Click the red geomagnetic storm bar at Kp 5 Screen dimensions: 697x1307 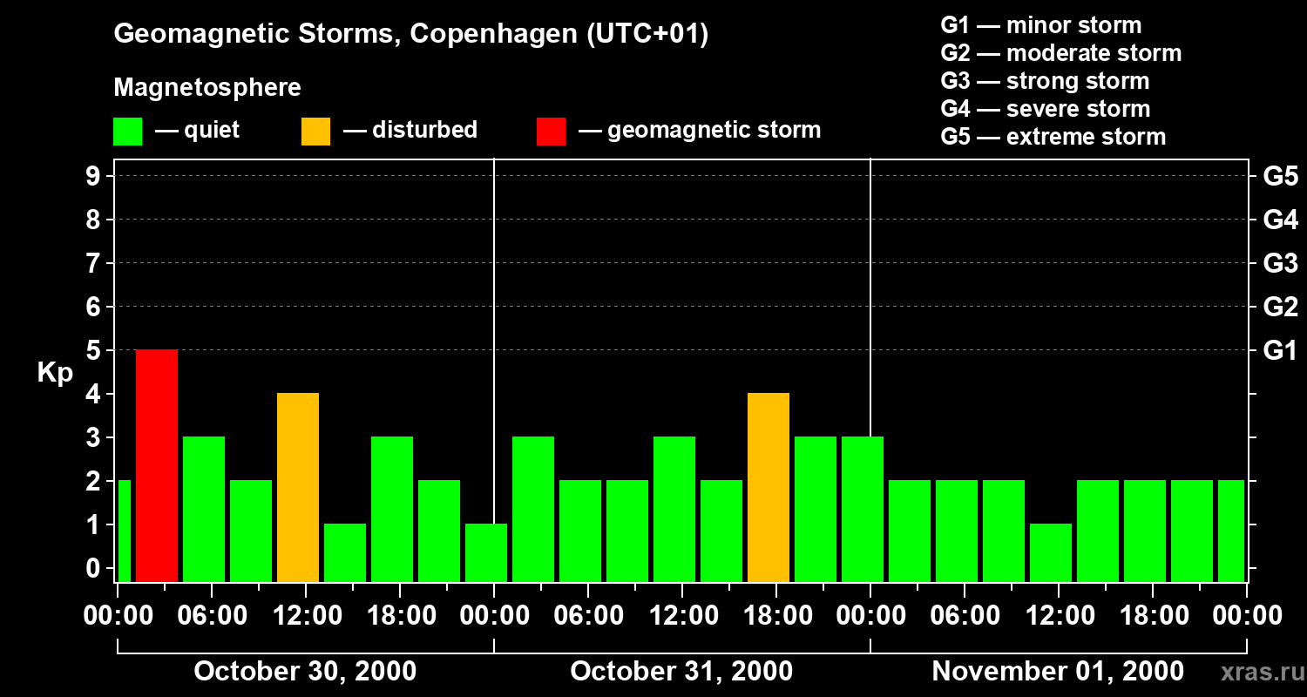click(x=157, y=465)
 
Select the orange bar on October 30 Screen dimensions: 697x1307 click(x=298, y=487)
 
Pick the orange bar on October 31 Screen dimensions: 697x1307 click(x=769, y=487)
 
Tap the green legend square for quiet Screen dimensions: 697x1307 click(x=127, y=132)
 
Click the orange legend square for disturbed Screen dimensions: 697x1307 click(x=315, y=132)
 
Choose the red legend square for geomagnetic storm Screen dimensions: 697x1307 click(x=551, y=132)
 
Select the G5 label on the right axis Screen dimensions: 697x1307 click(x=1280, y=176)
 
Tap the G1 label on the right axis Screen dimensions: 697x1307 click(x=1280, y=350)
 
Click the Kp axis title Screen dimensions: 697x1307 click(x=54, y=373)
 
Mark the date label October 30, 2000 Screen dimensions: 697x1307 click(x=305, y=672)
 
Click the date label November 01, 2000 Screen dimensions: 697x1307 click(x=1058, y=672)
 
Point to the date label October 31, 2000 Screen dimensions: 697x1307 click(x=681, y=672)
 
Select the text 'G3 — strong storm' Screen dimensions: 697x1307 click(x=1045, y=81)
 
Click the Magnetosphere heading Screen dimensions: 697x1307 click(x=207, y=88)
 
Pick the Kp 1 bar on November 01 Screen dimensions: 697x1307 click(x=1051, y=552)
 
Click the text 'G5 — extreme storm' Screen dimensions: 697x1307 click(x=1053, y=137)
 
